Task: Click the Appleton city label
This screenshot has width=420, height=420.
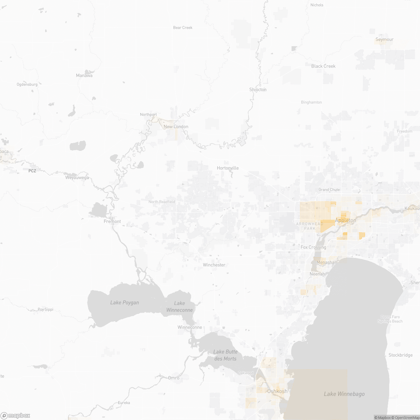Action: click(345, 220)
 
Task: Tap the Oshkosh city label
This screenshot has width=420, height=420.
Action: click(277, 391)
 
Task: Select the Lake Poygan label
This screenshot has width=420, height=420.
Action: click(125, 303)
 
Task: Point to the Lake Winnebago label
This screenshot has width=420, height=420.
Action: click(344, 394)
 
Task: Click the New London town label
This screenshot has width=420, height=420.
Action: click(176, 127)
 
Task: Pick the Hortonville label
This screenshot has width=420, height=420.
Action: click(227, 168)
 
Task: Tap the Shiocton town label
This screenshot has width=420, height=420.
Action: click(258, 90)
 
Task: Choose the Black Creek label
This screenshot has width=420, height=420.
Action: click(323, 66)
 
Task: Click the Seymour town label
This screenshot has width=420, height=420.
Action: click(384, 40)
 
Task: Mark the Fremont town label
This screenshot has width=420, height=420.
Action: click(112, 222)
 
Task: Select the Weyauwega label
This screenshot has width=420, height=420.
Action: click(77, 177)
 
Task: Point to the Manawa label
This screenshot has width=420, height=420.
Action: click(84, 76)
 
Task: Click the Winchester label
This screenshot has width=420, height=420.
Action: click(214, 265)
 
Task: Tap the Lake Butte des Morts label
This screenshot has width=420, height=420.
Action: click(225, 355)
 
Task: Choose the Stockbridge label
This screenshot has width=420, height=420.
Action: click(400, 355)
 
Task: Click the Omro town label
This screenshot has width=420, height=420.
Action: click(174, 378)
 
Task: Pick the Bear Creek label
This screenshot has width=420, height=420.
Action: click(183, 28)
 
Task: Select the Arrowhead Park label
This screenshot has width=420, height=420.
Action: click(305, 226)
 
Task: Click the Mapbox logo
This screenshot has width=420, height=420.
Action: click(15, 415)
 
